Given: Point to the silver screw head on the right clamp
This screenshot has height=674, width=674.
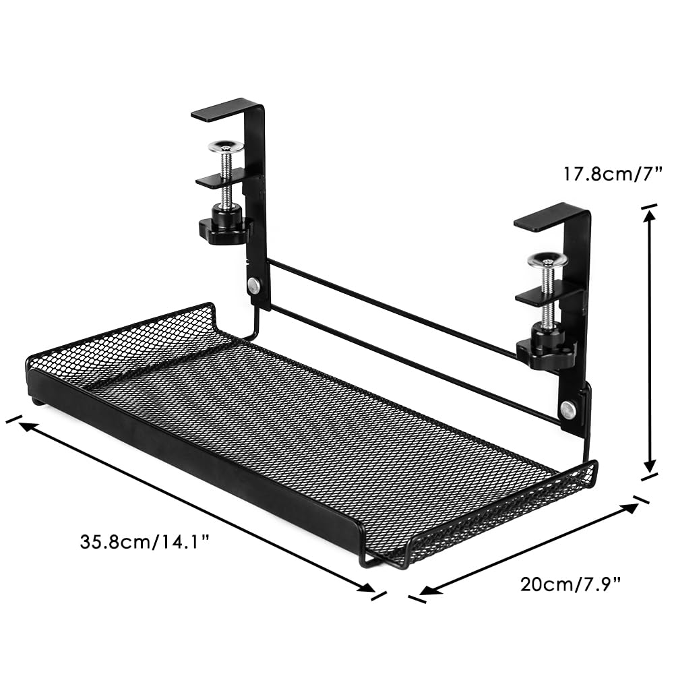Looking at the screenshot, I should (547, 258).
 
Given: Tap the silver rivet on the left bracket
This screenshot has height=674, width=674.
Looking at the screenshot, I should (253, 285).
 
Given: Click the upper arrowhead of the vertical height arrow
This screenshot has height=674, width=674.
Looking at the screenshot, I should (650, 214).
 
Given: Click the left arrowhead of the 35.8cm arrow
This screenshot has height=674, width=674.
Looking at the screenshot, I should (26, 426).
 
